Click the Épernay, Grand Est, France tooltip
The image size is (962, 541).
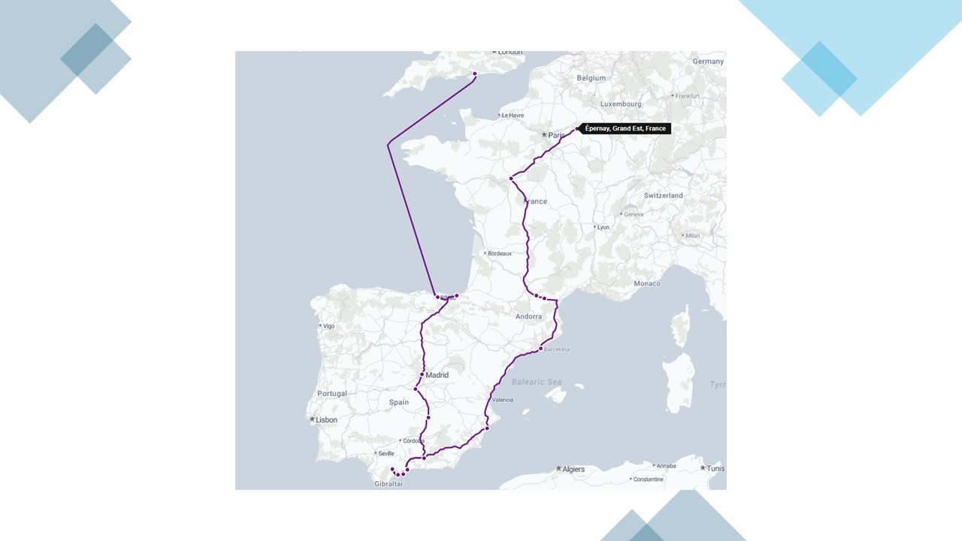pyautogui.click(x=625, y=128)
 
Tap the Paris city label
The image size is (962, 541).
pyautogui.click(x=556, y=135)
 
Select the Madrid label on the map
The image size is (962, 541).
pyautogui.click(x=437, y=375)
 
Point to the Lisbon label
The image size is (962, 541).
pyautogui.click(x=326, y=420)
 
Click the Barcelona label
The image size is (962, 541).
pyautogui.click(x=557, y=349)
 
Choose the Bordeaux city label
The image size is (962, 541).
pyautogui.click(x=499, y=254)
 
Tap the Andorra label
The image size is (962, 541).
pyautogui.click(x=528, y=316)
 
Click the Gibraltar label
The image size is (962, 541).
pyautogui.click(x=389, y=484)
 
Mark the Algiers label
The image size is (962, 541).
pyautogui.click(x=573, y=469)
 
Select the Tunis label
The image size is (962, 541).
pyautogui.click(x=715, y=468)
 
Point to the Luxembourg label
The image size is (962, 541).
pyautogui.click(x=621, y=104)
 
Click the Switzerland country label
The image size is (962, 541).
pyautogui.click(x=664, y=195)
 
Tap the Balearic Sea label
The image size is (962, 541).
pyautogui.click(x=537, y=382)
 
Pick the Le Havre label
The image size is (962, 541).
pyautogui.click(x=513, y=115)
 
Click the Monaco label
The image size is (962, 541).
pyautogui.click(x=647, y=283)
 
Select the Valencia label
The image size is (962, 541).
pyautogui.click(x=503, y=400)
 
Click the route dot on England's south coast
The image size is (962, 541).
pyautogui.click(x=474, y=74)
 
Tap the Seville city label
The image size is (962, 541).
pyautogui.click(x=386, y=453)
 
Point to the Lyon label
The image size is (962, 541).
pyautogui.click(x=603, y=227)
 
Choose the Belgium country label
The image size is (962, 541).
pyautogui.click(x=591, y=78)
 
